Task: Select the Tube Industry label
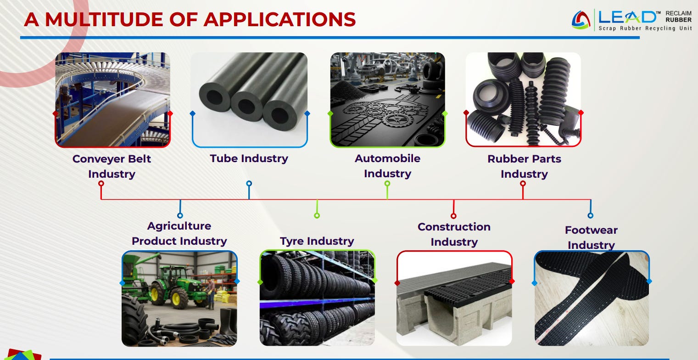[x=249, y=158]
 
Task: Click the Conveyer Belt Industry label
[x=112, y=166]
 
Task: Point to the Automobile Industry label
[x=387, y=166]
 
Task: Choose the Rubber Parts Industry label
[x=524, y=166]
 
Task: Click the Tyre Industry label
[x=317, y=241]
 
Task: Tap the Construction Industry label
[x=454, y=234]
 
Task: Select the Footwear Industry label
[x=591, y=237]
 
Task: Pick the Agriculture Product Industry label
[x=179, y=233]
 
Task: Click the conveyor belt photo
[x=112, y=100]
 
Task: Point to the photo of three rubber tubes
[x=249, y=100]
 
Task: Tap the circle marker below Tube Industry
[x=249, y=184]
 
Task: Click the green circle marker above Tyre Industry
[x=317, y=215]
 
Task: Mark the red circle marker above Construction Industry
[x=453, y=216]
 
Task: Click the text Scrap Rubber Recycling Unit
[x=645, y=28]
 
